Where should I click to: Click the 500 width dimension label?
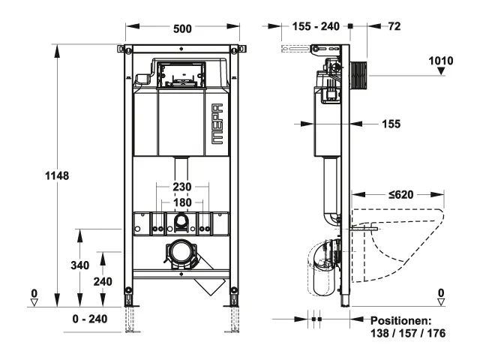(x=182, y=28)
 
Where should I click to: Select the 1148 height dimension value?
(x=57, y=175)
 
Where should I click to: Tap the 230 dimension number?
(x=182, y=187)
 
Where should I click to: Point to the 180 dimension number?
(x=182, y=202)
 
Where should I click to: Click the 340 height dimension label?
(x=80, y=265)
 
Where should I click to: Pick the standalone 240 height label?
(x=103, y=281)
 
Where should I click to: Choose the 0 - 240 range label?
(x=90, y=319)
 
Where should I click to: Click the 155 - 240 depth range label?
(x=316, y=26)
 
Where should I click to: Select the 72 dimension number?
(x=394, y=26)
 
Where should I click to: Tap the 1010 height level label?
(x=441, y=61)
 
